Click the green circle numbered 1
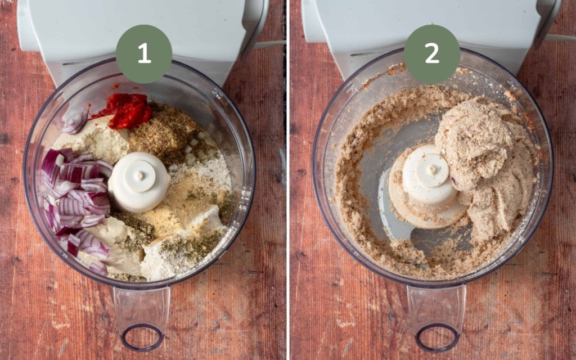click(x=144, y=53)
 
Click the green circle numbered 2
click(x=432, y=53)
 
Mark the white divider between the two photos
click(x=287, y=180)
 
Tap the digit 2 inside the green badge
click(x=432, y=53)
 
